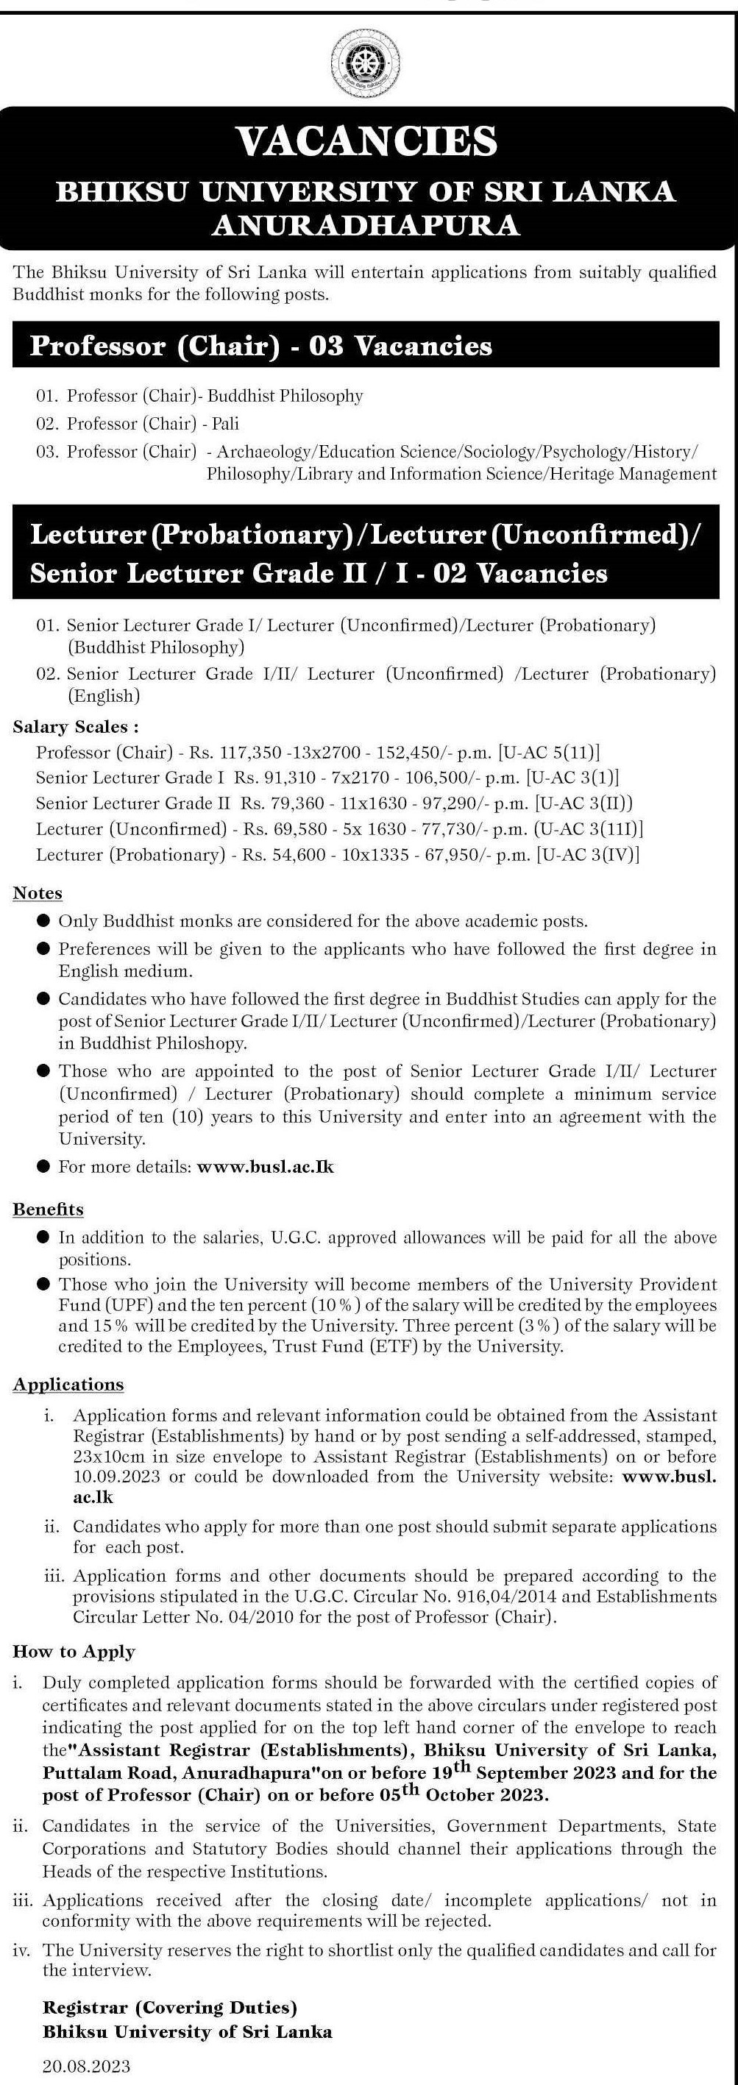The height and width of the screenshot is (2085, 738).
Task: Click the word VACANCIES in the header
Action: [366, 141]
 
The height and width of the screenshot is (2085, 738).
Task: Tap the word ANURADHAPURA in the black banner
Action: [366, 224]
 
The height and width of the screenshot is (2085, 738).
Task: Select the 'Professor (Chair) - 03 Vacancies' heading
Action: [260, 347]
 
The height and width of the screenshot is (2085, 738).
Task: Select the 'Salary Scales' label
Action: [75, 726]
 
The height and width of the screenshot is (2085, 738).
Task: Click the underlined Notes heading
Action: [38, 892]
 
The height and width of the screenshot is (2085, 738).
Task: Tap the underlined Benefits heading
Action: [48, 1210]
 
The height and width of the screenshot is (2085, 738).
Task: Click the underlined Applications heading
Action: [68, 1384]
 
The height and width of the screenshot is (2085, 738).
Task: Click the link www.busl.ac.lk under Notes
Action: [266, 1166]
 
